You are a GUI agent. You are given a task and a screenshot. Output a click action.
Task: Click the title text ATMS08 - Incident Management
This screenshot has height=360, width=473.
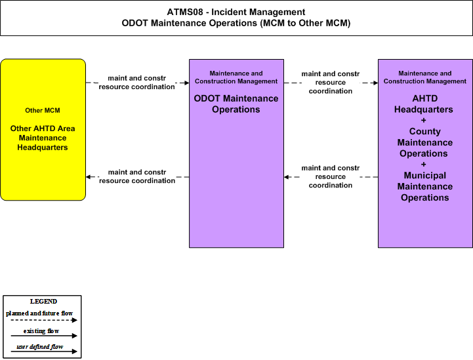236,12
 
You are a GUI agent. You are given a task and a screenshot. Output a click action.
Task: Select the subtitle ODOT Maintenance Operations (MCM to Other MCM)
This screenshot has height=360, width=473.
236,23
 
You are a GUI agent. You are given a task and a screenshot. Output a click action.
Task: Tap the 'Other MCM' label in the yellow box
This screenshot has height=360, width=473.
43,110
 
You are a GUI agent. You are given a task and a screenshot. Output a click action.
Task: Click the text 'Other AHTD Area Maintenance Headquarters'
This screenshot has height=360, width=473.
43,138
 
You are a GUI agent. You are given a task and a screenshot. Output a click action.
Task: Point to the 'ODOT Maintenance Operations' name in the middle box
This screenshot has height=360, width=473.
236,104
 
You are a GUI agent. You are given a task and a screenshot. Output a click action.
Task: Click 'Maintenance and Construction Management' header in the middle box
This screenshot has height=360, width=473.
236,77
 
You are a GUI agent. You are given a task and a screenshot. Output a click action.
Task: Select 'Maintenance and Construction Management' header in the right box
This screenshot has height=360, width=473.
425,77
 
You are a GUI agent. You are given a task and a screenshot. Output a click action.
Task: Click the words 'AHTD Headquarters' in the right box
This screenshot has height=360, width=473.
424,104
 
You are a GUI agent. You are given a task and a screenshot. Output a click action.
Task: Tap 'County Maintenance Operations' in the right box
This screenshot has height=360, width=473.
424,142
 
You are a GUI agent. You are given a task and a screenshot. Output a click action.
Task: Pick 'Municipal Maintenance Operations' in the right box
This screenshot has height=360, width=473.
424,186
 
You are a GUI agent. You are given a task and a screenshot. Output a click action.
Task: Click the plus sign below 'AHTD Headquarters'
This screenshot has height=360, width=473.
424,120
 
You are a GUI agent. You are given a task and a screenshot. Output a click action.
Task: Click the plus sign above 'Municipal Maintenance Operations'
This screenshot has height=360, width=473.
424,165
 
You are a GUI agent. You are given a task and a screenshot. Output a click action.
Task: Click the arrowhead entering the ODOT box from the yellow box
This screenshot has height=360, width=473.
186,83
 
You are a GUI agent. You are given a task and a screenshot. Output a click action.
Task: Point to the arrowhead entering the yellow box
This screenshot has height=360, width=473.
89,176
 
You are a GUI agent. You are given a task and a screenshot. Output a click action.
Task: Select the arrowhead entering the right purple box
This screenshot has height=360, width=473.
375,83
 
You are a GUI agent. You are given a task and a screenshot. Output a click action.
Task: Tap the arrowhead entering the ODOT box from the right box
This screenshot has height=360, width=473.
287,177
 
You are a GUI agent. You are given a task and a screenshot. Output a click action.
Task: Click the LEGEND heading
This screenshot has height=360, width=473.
43,302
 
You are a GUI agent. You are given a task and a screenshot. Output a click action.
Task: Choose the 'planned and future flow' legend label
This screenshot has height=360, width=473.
39,313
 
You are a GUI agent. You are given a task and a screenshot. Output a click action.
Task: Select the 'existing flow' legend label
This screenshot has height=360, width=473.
41,331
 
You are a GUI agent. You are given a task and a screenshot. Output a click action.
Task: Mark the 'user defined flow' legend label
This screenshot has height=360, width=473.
40,347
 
